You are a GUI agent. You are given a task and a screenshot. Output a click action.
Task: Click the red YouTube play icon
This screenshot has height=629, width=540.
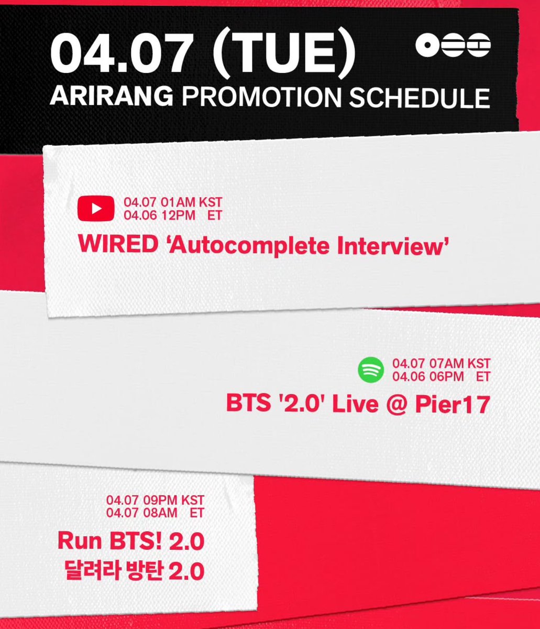point(96,208)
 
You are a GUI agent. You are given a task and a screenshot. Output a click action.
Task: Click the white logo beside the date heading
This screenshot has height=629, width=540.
point(453,46)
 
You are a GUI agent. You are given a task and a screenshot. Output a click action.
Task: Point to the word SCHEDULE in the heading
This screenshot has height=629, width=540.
point(420,97)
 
